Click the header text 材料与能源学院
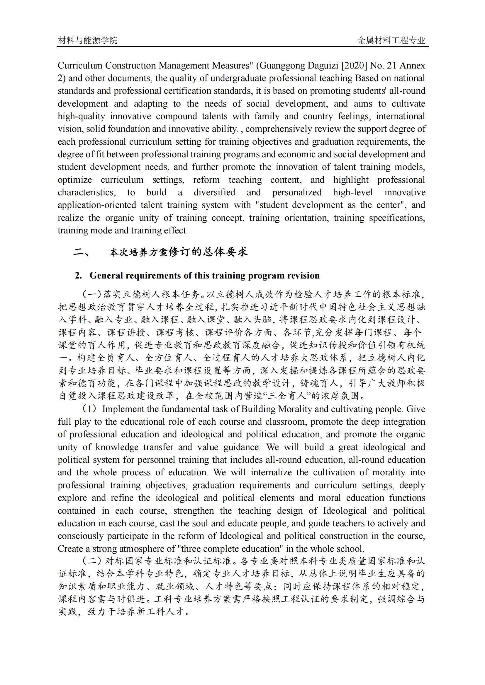[x=87, y=40]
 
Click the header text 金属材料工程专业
[x=391, y=40]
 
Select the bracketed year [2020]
[x=354, y=65]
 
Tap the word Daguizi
[x=324, y=65]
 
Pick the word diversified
[x=214, y=192]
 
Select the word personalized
[x=297, y=192]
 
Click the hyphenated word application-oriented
[x=97, y=205]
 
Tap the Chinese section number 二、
[x=81, y=252]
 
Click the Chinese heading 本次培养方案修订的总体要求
[x=179, y=252]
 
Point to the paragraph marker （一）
[x=92, y=294]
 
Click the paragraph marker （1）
[x=89, y=409]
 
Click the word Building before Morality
[x=258, y=409]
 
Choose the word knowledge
[x=117, y=447]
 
